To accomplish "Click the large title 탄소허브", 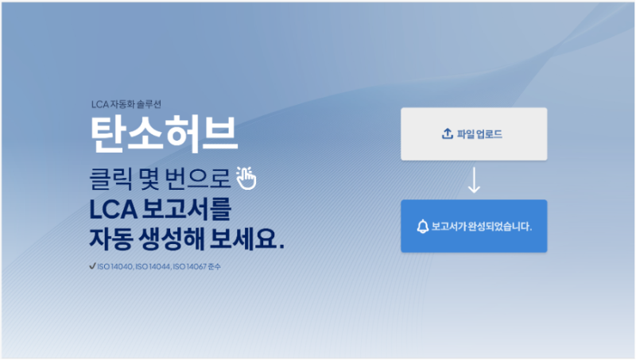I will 165,134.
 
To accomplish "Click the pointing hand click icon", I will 248,178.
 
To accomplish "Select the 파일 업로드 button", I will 474,134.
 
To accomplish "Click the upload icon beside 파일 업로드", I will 447,134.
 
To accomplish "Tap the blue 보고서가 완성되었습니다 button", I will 474,226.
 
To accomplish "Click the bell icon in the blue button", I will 422,226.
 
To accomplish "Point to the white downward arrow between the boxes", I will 474,180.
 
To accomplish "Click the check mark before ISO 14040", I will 92,266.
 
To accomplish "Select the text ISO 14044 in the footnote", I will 152,267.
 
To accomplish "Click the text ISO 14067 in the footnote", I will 190,267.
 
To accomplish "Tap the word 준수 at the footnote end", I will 214,267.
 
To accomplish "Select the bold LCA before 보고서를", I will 113,211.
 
